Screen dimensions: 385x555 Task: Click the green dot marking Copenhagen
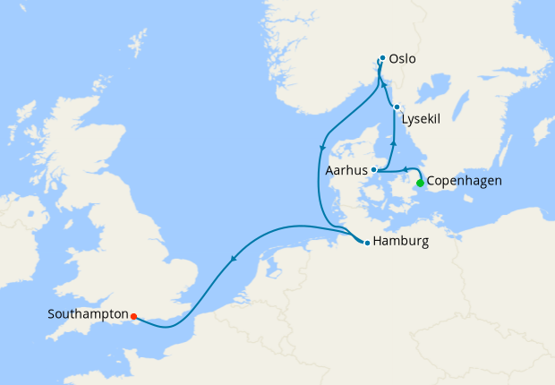click(x=420, y=183)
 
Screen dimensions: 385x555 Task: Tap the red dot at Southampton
click(x=133, y=316)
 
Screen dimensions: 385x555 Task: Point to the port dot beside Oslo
click(x=382, y=59)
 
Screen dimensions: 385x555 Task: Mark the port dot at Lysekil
click(x=397, y=107)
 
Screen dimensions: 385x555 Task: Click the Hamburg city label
click(x=402, y=242)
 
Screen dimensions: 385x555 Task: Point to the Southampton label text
click(x=88, y=315)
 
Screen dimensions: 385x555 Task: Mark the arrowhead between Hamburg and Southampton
click(x=234, y=260)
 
